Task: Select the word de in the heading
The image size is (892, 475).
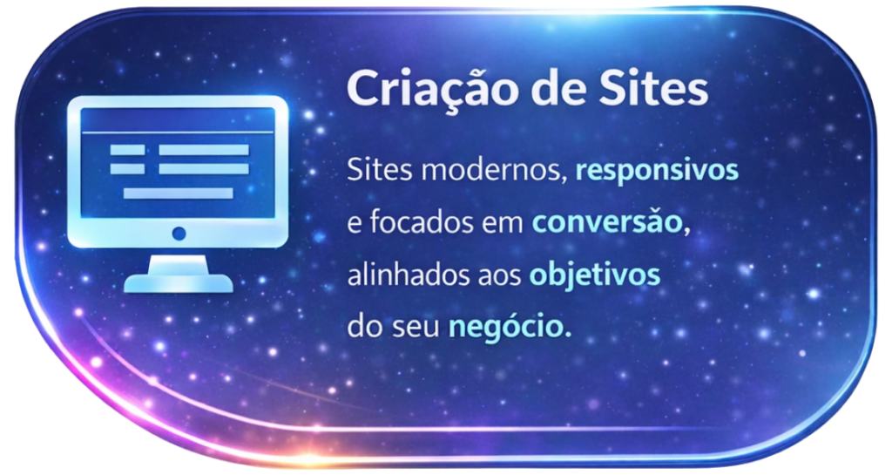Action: [553, 88]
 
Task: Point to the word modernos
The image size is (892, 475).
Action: [494, 170]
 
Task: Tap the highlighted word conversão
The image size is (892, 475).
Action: [606, 222]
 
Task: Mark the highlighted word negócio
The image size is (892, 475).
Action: [508, 329]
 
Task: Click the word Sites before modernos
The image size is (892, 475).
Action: [380, 170]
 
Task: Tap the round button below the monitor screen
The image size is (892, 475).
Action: [179, 234]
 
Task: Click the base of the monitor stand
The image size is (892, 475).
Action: [179, 283]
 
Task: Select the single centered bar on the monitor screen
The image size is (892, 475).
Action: [178, 193]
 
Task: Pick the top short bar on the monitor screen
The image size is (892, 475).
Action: [127, 150]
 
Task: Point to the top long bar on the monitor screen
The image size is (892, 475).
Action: [204, 150]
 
